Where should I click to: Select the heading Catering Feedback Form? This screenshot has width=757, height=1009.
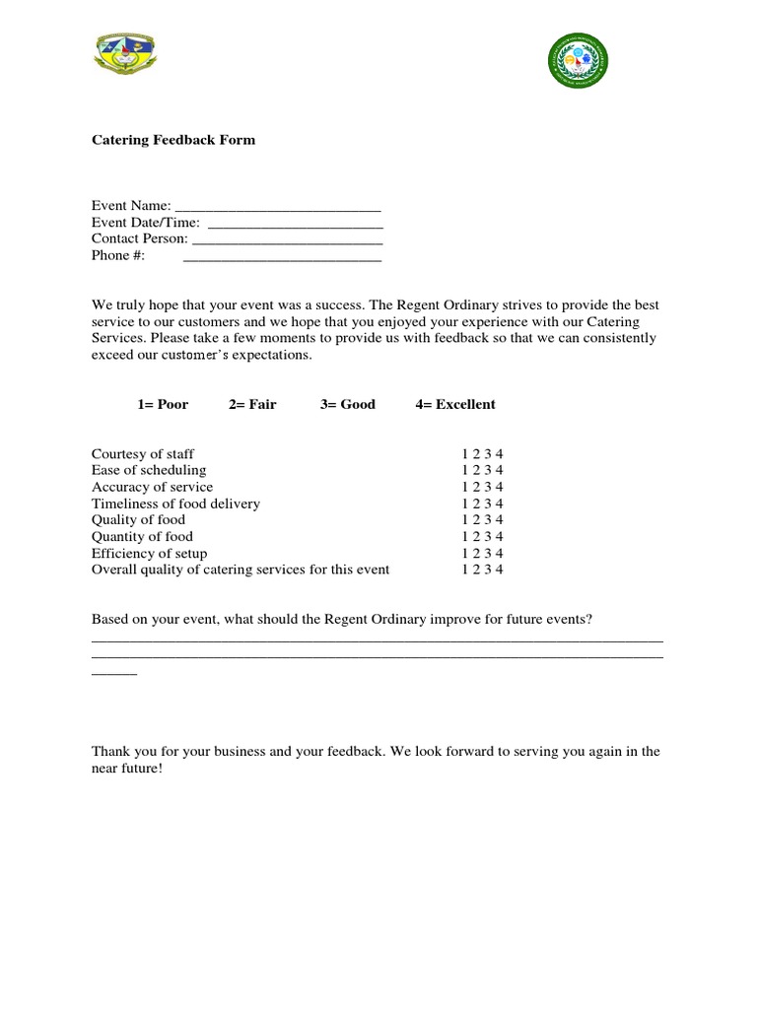tap(173, 140)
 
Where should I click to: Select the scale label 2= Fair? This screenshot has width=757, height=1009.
tap(252, 404)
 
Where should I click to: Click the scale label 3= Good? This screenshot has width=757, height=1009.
tap(348, 404)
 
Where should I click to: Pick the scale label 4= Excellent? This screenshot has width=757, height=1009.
tap(455, 404)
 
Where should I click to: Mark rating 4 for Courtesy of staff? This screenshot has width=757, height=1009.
tap(501, 454)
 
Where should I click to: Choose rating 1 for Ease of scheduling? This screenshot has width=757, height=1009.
tap(464, 470)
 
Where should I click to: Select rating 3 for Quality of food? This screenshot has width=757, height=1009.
tap(489, 520)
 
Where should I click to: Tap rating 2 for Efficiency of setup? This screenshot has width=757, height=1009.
tap(477, 554)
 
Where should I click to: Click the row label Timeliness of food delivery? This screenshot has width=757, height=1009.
tap(175, 504)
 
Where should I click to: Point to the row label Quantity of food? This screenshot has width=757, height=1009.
tap(142, 537)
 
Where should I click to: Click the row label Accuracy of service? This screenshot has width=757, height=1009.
tap(152, 487)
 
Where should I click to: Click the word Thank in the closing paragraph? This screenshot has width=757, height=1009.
tap(110, 752)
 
